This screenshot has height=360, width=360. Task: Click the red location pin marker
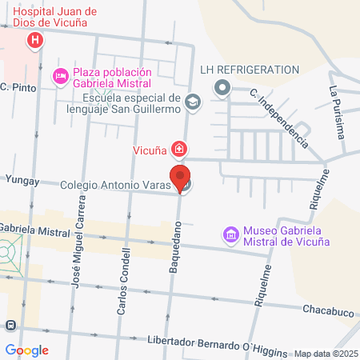(180, 178)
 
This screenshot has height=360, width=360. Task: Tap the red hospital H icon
(35, 41)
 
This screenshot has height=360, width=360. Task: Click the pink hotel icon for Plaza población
(60, 76)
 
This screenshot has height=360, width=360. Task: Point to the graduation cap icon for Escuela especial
(193, 102)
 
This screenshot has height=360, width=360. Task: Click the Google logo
(26, 350)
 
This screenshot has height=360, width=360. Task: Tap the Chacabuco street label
(328, 310)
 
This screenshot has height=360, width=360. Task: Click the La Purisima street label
(337, 112)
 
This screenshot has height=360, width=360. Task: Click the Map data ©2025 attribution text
(326, 354)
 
